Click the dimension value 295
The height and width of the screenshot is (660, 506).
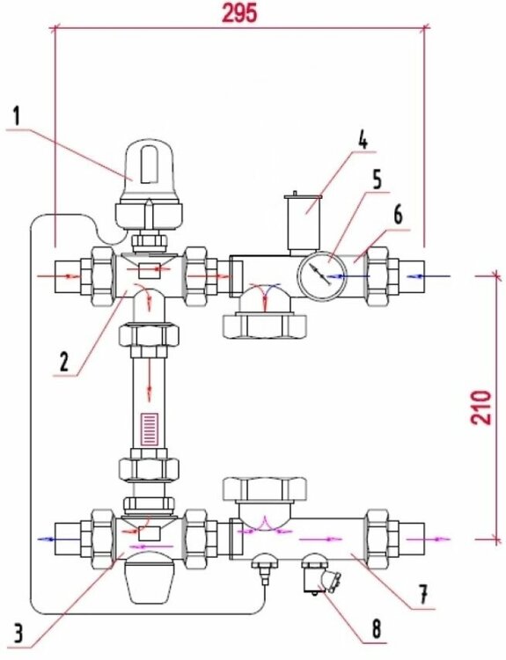click(239, 13)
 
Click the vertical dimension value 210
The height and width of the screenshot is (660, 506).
click(481, 407)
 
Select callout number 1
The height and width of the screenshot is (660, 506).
click(16, 116)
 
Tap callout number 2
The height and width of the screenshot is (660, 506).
click(63, 362)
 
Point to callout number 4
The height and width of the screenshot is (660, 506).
click(363, 141)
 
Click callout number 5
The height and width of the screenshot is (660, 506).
click(377, 180)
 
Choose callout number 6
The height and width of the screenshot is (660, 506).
click(398, 215)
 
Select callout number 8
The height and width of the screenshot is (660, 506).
click(376, 629)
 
